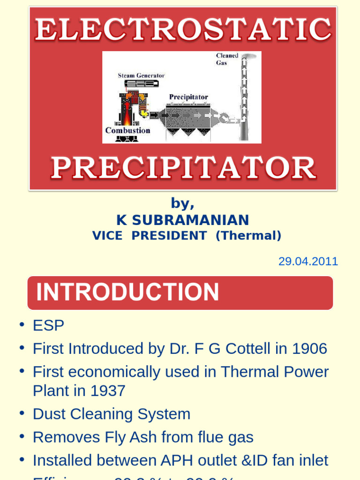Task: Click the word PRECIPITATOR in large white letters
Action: click(x=183, y=168)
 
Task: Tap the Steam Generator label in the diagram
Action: click(x=141, y=75)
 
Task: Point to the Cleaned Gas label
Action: click(x=227, y=59)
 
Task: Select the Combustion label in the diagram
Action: click(x=127, y=130)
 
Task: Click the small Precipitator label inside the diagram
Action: click(x=188, y=97)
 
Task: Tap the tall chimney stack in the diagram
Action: click(x=244, y=98)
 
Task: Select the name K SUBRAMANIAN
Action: click(x=183, y=220)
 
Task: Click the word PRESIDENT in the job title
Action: click(x=169, y=236)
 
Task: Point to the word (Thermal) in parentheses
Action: click(x=248, y=236)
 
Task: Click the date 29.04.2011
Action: click(x=308, y=262)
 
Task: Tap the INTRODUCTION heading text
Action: click(x=127, y=292)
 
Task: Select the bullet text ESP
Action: click(x=48, y=325)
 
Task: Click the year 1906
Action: click(x=309, y=349)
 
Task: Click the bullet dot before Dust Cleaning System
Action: click(x=22, y=413)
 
